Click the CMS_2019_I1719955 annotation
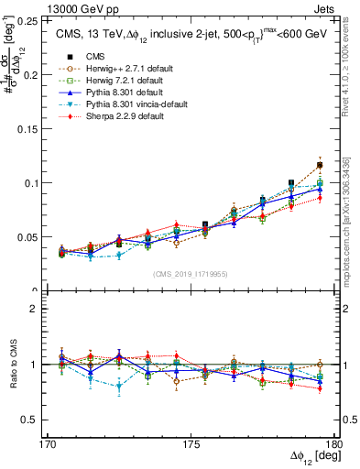pos(191,273)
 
